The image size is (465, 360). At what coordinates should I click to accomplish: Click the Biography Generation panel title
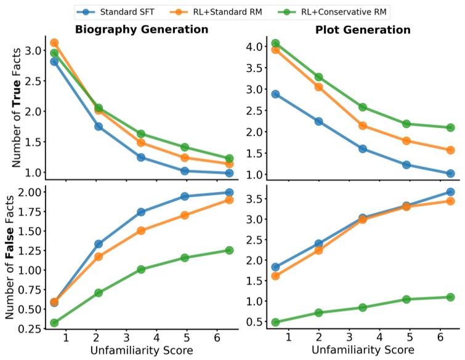click(141, 30)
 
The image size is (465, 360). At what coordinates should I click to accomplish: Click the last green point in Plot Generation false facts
click(450, 297)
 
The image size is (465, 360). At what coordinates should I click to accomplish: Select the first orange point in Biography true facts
click(54, 43)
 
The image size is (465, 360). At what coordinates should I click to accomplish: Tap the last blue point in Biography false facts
click(229, 193)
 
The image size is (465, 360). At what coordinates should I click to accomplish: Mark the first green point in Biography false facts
click(54, 322)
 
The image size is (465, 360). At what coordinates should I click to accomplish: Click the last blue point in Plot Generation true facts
click(450, 174)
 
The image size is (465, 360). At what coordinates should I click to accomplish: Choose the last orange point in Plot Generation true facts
click(450, 150)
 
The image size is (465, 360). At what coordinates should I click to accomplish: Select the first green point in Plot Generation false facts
click(275, 322)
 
